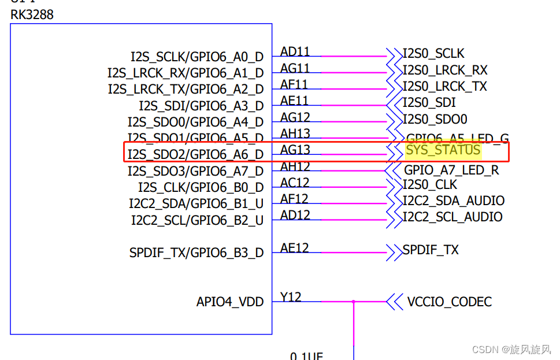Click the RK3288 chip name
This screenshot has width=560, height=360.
(x=32, y=15)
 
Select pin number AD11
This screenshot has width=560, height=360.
(x=295, y=52)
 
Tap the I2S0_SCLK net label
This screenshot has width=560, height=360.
(x=433, y=54)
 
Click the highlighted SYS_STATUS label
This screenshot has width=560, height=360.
(x=443, y=150)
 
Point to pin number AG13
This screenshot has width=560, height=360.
(x=295, y=150)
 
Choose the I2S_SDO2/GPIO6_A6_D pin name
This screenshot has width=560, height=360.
(x=195, y=155)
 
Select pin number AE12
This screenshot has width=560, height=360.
(x=295, y=248)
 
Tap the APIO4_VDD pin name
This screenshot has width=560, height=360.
(x=230, y=302)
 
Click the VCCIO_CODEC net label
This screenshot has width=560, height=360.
(x=450, y=302)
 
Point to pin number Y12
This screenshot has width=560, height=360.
(x=291, y=297)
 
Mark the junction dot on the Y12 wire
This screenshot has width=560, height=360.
(x=354, y=302)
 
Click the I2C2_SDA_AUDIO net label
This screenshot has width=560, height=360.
(x=454, y=201)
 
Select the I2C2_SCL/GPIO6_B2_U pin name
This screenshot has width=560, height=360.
(x=197, y=221)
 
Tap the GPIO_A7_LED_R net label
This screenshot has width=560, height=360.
(x=451, y=171)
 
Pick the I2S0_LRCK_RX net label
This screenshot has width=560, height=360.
(x=445, y=70)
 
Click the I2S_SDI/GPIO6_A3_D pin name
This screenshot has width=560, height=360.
(x=201, y=106)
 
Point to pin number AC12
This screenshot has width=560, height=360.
(x=295, y=183)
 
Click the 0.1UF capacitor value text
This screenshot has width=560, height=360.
(x=306, y=355)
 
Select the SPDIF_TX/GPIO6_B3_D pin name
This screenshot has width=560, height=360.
(x=196, y=253)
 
